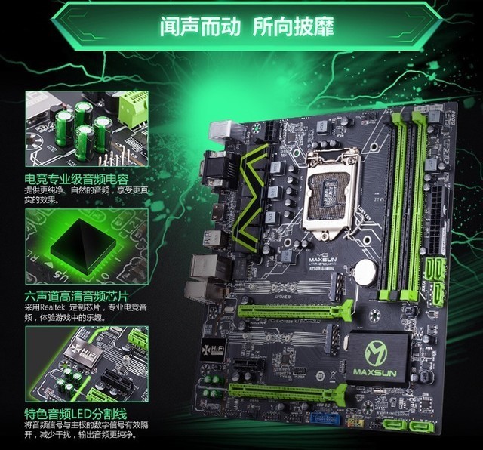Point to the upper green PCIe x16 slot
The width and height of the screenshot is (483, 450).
click(295, 310)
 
